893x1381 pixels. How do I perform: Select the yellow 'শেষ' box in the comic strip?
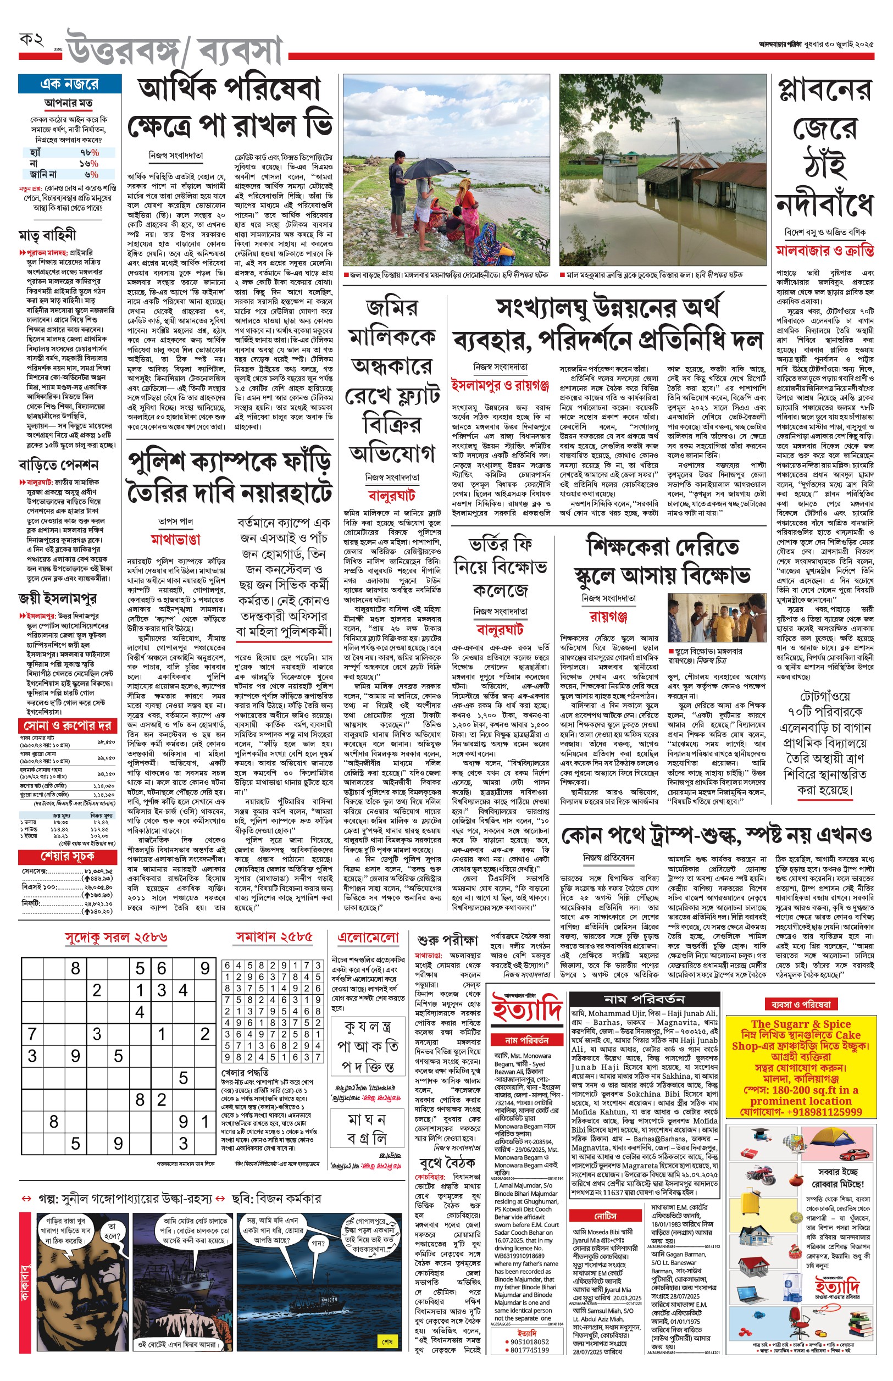tap(387, 1341)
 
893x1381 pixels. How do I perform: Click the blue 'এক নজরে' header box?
tap(70, 84)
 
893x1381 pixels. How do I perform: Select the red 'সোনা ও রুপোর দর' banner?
tap(67, 726)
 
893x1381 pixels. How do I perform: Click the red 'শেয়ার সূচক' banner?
tap(67, 856)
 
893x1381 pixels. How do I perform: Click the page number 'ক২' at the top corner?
tap(32, 40)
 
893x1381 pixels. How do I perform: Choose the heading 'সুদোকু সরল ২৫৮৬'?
tap(116, 937)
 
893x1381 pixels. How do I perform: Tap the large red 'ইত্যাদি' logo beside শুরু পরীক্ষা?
tap(526, 1009)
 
